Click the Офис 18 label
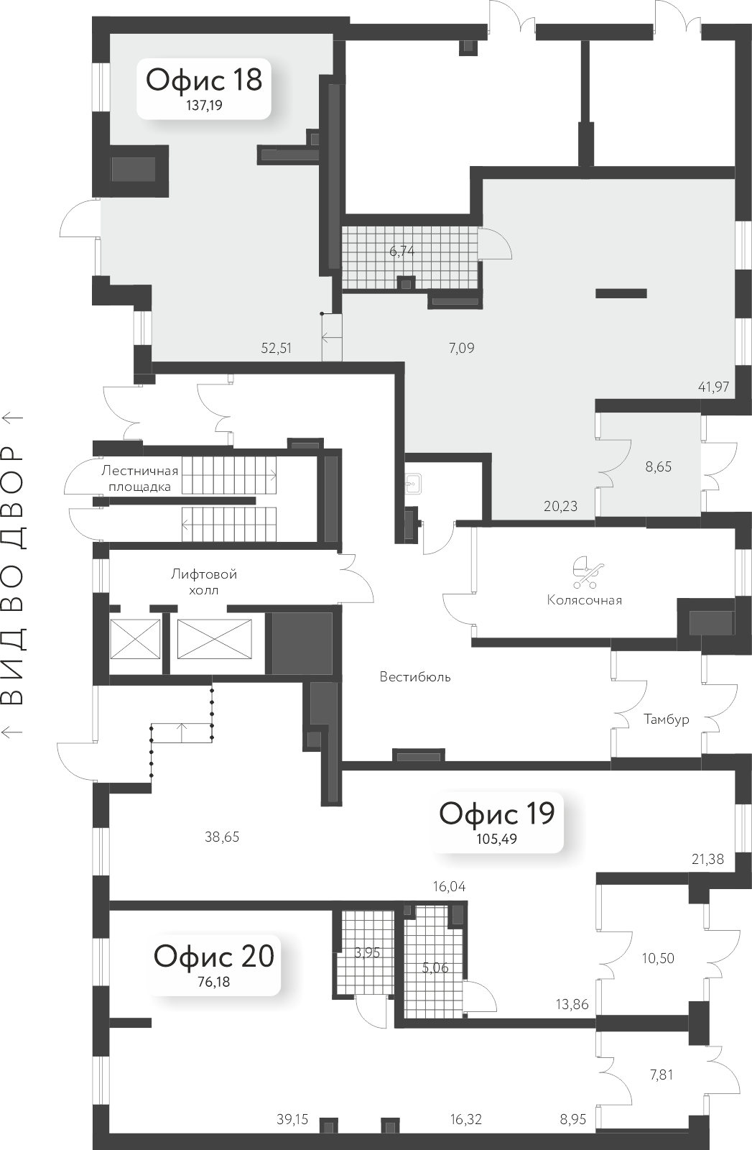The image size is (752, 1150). pyautogui.click(x=204, y=79)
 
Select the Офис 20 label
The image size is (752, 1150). pyautogui.click(x=214, y=957)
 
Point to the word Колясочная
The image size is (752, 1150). pyautogui.click(x=584, y=600)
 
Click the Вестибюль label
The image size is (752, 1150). pyautogui.click(x=415, y=677)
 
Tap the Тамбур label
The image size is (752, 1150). pyautogui.click(x=666, y=719)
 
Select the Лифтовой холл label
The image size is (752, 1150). pyautogui.click(x=204, y=582)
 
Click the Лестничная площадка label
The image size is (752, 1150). pyautogui.click(x=139, y=479)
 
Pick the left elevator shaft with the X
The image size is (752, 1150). pyautogui.click(x=135, y=638)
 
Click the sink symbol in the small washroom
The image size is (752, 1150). pyautogui.click(x=412, y=483)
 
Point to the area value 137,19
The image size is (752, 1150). pyautogui.click(x=204, y=106)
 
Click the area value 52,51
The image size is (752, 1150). pyautogui.click(x=277, y=349)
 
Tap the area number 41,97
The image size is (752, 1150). pyautogui.click(x=713, y=387)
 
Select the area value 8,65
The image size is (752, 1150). pyautogui.click(x=658, y=467)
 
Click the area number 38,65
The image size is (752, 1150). pyautogui.click(x=222, y=837)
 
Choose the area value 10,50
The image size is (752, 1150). pyautogui.click(x=658, y=958)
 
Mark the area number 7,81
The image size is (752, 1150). pyautogui.click(x=662, y=1075)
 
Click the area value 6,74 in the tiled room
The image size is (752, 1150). pyautogui.click(x=402, y=252)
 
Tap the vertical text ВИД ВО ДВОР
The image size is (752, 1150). pyautogui.click(x=14, y=575)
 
